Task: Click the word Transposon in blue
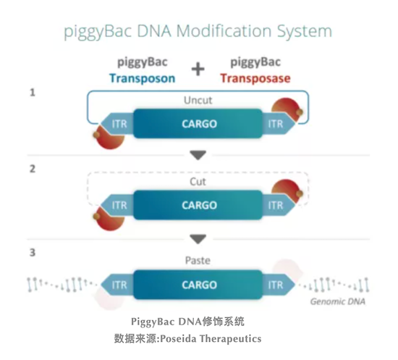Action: pyautogui.click(x=142, y=78)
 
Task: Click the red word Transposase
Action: pyautogui.click(x=255, y=78)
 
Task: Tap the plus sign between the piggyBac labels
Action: pyautogui.click(x=198, y=70)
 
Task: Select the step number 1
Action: pyautogui.click(x=33, y=92)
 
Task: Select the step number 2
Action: pyautogui.click(x=33, y=169)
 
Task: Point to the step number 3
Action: pyautogui.click(x=33, y=252)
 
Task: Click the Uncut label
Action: pyautogui.click(x=198, y=101)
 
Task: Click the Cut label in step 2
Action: pyautogui.click(x=198, y=182)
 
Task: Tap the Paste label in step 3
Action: pyautogui.click(x=198, y=261)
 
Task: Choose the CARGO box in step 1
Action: pyautogui.click(x=198, y=124)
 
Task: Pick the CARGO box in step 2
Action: pyautogui.click(x=198, y=205)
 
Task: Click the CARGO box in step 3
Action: pyautogui.click(x=198, y=285)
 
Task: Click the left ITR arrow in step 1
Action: pyautogui.click(x=117, y=124)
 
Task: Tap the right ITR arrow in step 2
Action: pyautogui.click(x=279, y=205)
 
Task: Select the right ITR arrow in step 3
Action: pyautogui.click(x=279, y=285)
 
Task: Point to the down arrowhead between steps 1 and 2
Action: pyautogui.click(x=198, y=155)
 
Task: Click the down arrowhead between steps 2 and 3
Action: pyautogui.click(x=198, y=239)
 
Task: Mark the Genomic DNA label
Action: pyautogui.click(x=338, y=301)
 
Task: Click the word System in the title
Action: pyautogui.click(x=305, y=32)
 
